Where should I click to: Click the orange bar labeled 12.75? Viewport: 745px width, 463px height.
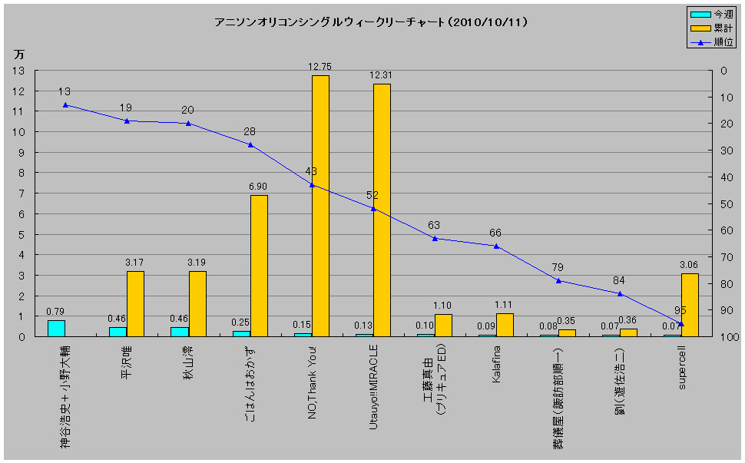click(320, 206)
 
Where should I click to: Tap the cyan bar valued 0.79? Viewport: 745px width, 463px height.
click(56, 328)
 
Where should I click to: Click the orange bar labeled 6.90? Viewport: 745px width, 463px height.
click(259, 266)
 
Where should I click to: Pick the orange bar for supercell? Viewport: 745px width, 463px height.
click(690, 305)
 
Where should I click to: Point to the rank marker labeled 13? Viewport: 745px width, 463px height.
click(65, 104)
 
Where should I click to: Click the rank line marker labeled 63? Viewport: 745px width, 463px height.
click(435, 238)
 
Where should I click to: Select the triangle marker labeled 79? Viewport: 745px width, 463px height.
click(559, 280)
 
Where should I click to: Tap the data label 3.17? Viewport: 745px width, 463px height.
click(135, 263)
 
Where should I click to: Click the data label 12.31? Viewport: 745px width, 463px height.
click(381, 75)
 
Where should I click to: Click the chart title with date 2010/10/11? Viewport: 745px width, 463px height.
click(371, 22)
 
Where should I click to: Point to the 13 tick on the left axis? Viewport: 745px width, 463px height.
click(18, 71)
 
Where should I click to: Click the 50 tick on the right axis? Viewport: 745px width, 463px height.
click(725, 203)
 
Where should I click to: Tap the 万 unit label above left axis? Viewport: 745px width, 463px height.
click(18, 54)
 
